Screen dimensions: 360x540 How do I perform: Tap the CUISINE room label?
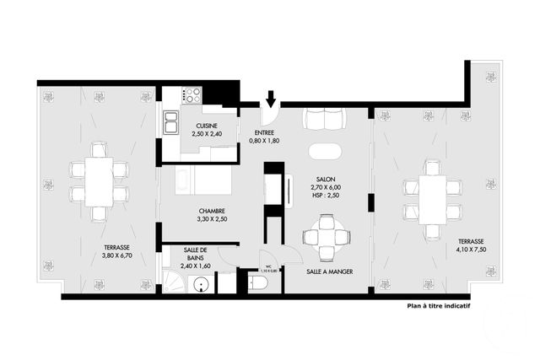pos(205,126)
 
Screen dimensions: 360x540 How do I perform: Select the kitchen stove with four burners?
pos(192,94)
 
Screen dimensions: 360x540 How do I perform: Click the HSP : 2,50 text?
pos(325,195)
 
